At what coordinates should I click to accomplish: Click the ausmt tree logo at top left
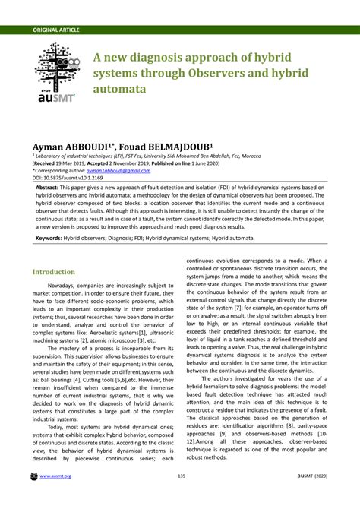coord(57,72)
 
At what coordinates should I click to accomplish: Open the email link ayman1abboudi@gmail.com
coord(124,171)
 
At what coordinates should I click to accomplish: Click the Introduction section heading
coord(53,271)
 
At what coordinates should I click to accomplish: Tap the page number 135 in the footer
coord(182,497)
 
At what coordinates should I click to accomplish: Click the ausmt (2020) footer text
coord(311,497)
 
